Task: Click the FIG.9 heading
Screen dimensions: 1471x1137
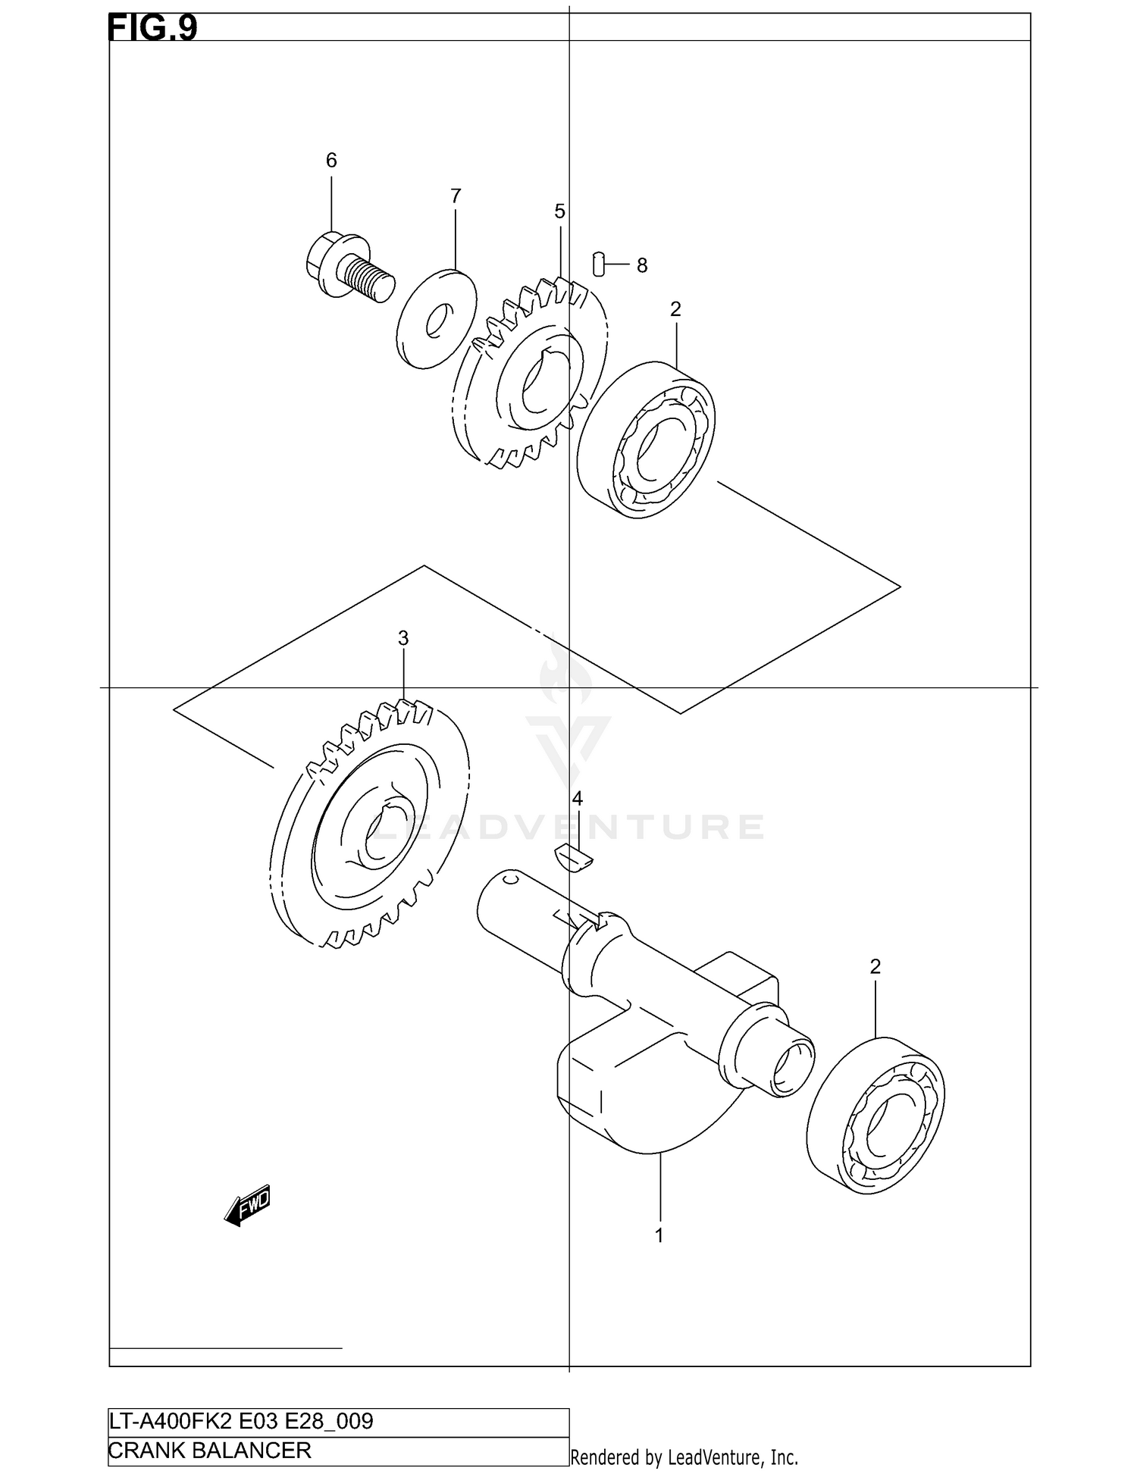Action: click(152, 28)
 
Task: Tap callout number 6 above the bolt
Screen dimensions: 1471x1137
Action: click(331, 161)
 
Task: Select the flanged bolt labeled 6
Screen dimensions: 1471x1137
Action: click(349, 267)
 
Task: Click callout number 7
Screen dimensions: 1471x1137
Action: click(456, 196)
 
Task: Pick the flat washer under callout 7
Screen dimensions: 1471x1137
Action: click(437, 319)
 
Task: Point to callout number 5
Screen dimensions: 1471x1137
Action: click(559, 212)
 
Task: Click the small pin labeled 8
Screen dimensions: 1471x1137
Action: click(598, 264)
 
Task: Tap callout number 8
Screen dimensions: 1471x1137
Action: click(642, 266)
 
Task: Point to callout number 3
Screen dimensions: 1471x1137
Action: click(403, 639)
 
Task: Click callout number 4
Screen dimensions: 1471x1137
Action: click(578, 799)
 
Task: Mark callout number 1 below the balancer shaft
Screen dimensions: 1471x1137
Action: click(659, 1236)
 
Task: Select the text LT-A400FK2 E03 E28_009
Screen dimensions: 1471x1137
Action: click(241, 1421)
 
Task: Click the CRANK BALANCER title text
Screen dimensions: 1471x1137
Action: click(210, 1451)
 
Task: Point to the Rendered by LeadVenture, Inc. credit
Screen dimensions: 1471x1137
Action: click(684, 1457)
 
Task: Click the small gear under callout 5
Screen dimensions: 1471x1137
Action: click(531, 371)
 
